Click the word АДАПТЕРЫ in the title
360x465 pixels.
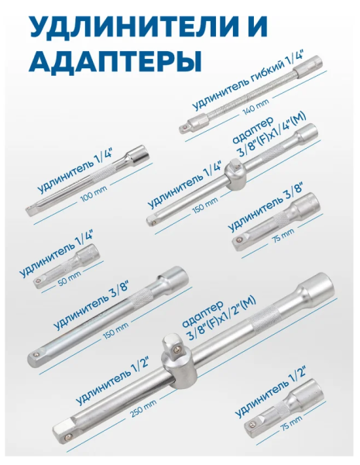pos(115,61)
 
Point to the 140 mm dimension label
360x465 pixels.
pos(255,107)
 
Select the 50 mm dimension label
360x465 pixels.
pos(70,278)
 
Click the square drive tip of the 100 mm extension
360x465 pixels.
pos(31,210)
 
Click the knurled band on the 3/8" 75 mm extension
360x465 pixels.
pos(280,220)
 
